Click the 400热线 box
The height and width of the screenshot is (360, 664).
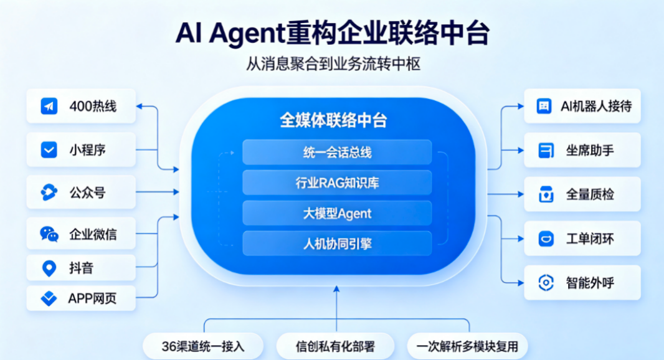pyautogui.click(x=81, y=106)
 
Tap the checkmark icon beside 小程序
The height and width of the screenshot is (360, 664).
pyautogui.click(x=49, y=150)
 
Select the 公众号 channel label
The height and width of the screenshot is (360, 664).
pyautogui.click(x=87, y=192)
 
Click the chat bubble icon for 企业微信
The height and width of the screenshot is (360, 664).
pyautogui.click(x=49, y=234)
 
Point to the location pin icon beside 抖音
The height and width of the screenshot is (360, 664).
pyautogui.click(x=49, y=268)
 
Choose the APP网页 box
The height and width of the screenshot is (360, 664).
pyautogui.click(x=81, y=298)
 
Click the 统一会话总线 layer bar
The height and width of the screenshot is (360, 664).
pyautogui.click(x=337, y=152)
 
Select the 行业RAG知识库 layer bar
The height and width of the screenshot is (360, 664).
pyautogui.click(x=337, y=182)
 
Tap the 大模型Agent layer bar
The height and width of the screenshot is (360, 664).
pyautogui.click(x=337, y=213)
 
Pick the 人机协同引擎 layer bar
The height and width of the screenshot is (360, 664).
pyautogui.click(x=337, y=244)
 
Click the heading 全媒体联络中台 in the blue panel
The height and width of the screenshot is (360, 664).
pyautogui.click(x=333, y=120)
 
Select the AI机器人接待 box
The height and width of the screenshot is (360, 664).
pyautogui.click(x=582, y=106)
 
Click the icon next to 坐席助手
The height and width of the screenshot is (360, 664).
pyautogui.click(x=546, y=150)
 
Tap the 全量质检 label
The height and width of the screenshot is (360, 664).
pyautogui.click(x=590, y=194)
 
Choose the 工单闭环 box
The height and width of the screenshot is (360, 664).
pyautogui.click(x=582, y=239)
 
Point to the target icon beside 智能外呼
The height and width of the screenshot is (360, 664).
pyautogui.click(x=546, y=283)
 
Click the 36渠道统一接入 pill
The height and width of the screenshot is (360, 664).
pyautogui.click(x=203, y=346)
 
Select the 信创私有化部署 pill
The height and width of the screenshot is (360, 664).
pyautogui.click(x=335, y=346)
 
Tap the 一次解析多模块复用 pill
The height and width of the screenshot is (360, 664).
pyautogui.click(x=467, y=346)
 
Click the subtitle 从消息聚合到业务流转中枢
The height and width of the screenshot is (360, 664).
pyautogui.click(x=333, y=64)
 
